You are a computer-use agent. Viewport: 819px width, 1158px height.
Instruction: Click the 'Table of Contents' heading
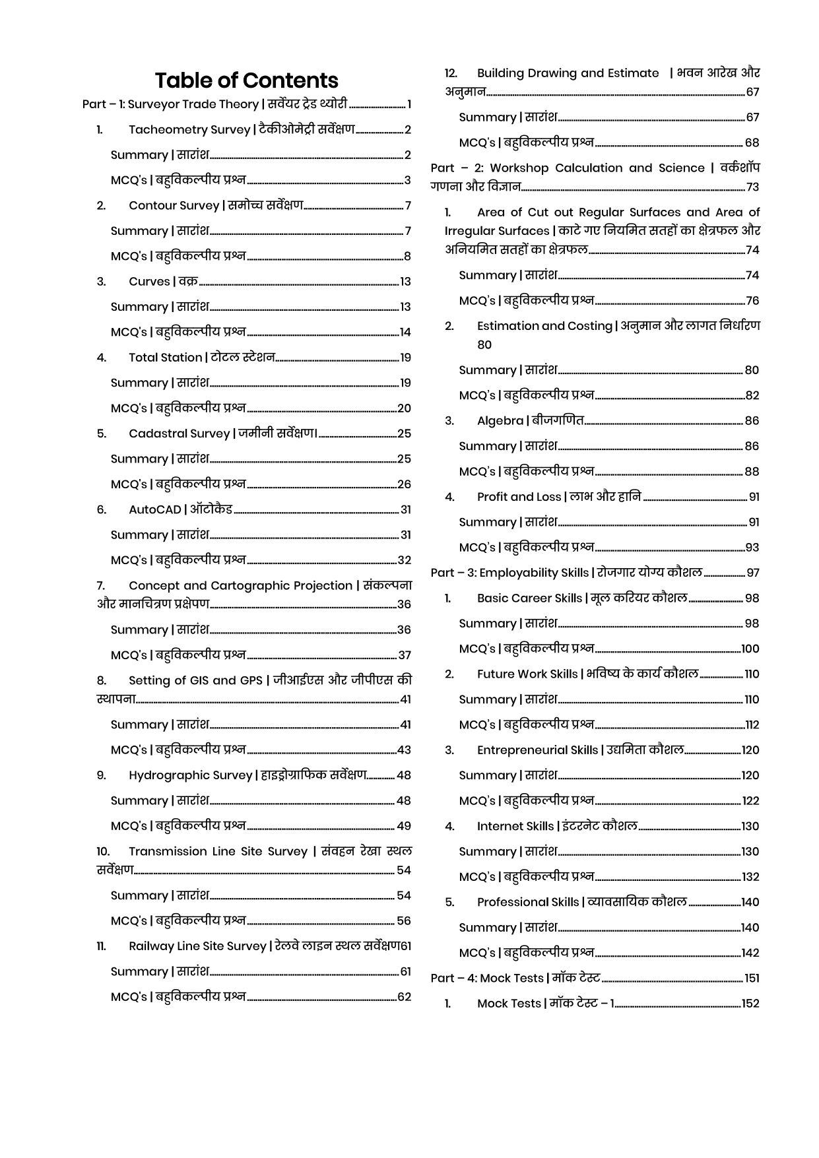click(246, 80)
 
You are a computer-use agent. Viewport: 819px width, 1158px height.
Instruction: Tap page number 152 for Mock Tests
click(750, 1004)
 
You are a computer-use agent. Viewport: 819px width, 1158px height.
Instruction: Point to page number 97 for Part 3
click(753, 573)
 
